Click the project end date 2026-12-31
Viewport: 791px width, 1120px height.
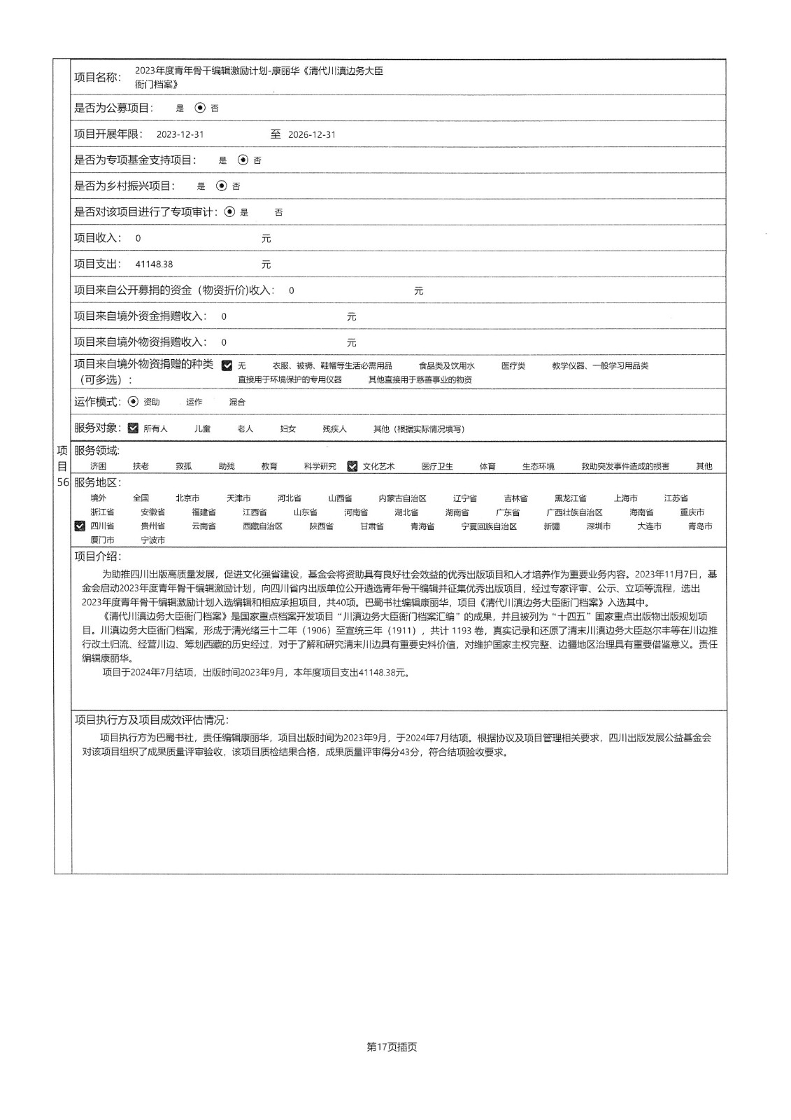312,134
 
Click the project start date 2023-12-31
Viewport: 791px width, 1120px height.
180,134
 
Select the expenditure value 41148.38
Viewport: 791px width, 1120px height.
154,265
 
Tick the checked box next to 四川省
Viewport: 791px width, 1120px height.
80,526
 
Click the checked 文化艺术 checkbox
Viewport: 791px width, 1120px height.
352,466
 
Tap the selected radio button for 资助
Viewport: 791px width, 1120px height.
134,402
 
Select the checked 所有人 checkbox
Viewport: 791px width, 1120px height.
133,428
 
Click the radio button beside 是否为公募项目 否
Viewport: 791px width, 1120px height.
200,108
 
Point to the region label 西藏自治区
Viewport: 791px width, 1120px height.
262,526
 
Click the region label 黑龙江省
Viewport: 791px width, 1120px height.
570,498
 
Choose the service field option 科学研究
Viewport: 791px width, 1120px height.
320,466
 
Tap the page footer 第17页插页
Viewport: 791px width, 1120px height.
392,1047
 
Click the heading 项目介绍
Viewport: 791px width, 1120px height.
97,556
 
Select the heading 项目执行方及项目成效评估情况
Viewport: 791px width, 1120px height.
151,720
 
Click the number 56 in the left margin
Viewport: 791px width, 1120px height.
63,482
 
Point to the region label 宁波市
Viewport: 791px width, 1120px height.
153,540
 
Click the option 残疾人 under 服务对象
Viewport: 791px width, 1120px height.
334,428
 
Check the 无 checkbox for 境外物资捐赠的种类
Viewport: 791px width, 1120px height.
227,365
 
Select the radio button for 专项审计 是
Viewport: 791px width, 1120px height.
229,211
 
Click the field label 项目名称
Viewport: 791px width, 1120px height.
97,77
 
